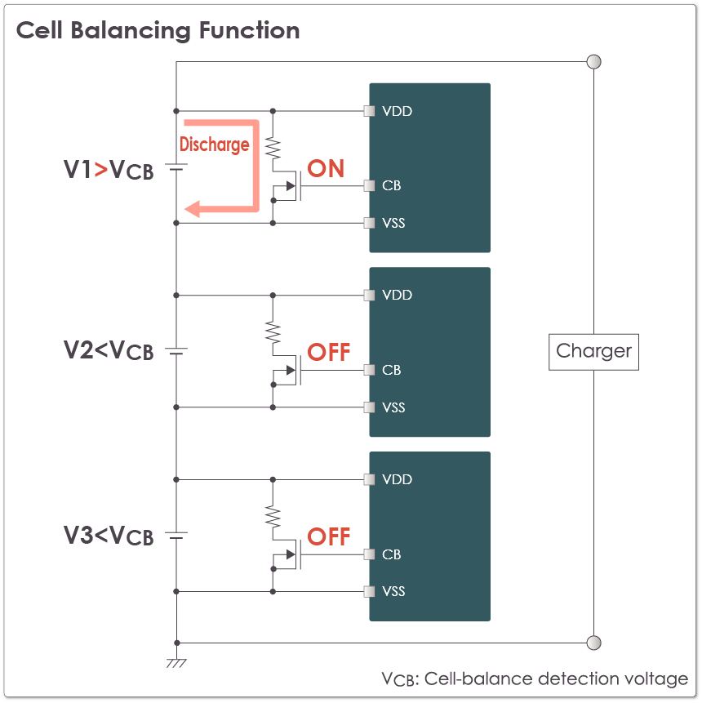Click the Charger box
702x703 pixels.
(x=593, y=352)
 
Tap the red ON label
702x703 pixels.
(x=326, y=169)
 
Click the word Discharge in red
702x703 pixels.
(x=214, y=145)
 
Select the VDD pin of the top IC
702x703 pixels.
(x=370, y=111)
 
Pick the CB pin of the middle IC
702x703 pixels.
(x=370, y=370)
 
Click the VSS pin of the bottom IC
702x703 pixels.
(x=370, y=591)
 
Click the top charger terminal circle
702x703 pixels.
(x=594, y=62)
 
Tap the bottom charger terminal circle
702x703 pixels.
(x=594, y=643)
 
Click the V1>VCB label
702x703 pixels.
(x=109, y=170)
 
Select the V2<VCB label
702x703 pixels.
(x=109, y=350)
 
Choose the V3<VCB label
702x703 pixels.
(x=109, y=536)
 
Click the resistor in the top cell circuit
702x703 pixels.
(x=273, y=148)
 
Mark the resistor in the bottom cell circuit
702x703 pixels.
(x=273, y=516)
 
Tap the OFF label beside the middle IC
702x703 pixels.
(x=328, y=353)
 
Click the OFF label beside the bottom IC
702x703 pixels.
(x=328, y=537)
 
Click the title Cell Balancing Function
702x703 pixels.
(x=158, y=31)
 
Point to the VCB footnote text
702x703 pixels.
(x=535, y=679)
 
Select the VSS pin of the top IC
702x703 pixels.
(x=370, y=223)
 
